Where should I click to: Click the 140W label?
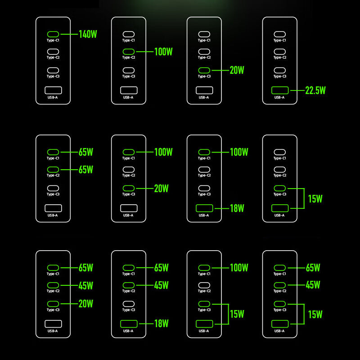[x=88, y=34]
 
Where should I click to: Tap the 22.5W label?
[x=315, y=90]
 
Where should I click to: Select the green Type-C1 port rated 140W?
[x=53, y=34]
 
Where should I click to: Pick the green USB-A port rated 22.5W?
[x=280, y=90]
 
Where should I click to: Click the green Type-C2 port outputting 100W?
[x=129, y=52]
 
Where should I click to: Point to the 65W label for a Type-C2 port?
[x=85, y=170]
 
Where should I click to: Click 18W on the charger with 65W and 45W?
[x=161, y=323]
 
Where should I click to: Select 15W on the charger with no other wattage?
[x=315, y=198]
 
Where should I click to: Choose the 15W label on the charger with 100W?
[x=237, y=314]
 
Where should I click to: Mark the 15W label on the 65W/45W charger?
[x=315, y=314]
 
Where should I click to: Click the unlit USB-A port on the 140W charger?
[x=53, y=90]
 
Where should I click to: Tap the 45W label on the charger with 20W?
[x=85, y=285]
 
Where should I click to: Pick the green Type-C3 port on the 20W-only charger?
[x=204, y=71]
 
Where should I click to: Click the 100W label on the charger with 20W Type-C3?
[x=163, y=152]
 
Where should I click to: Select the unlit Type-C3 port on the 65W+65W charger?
[x=53, y=189]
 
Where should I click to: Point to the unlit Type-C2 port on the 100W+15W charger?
[x=204, y=285]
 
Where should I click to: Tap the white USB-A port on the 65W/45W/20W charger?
[x=53, y=324]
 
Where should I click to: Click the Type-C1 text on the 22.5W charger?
[x=280, y=40]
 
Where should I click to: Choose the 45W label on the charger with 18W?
[x=161, y=285]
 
